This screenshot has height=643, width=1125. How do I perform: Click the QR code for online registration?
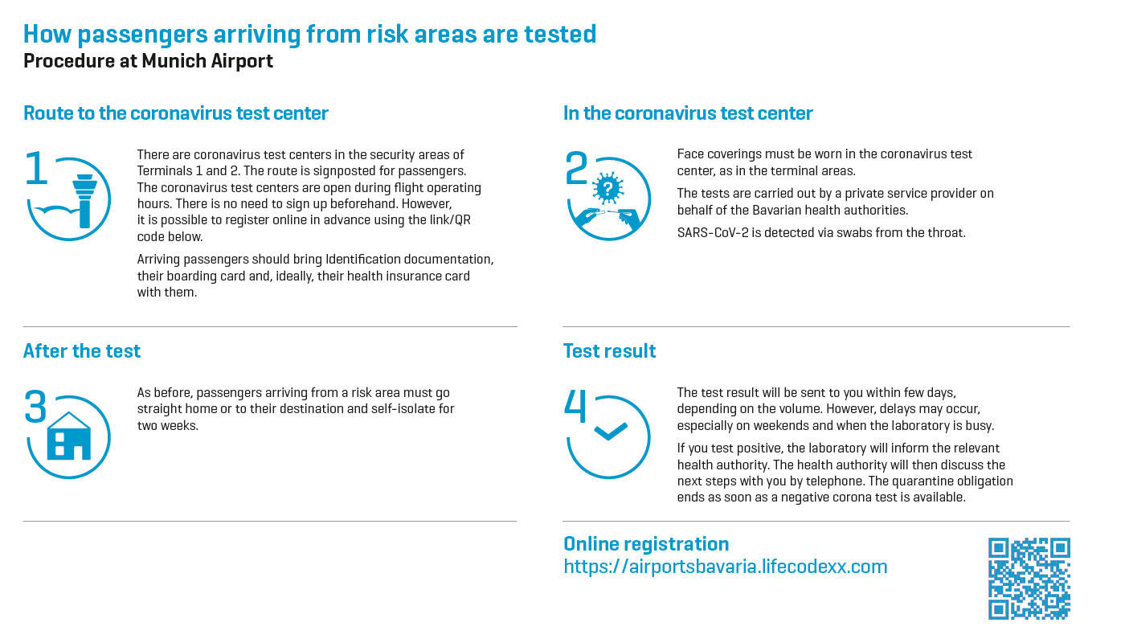click(1029, 578)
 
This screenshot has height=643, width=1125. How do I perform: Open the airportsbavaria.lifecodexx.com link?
click(725, 567)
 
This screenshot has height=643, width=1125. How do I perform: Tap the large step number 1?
click(36, 168)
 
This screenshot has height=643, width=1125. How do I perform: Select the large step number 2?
click(576, 168)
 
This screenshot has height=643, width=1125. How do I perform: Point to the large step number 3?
click(35, 406)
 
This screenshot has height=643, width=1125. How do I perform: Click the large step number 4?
click(575, 406)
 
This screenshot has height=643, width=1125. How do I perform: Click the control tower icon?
click(84, 201)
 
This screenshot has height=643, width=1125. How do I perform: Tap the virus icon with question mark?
click(608, 188)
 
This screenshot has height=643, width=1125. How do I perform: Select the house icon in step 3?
click(69, 436)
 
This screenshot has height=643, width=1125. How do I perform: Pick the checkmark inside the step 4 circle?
click(610, 431)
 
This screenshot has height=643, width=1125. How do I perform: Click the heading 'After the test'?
click(82, 350)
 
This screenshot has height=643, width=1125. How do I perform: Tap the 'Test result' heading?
click(609, 350)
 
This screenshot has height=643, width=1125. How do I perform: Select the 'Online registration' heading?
click(646, 543)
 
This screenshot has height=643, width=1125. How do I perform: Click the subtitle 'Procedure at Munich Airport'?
click(148, 61)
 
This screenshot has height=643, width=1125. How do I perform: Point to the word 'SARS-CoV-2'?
click(712, 232)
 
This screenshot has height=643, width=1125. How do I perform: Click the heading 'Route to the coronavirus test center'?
click(176, 113)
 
